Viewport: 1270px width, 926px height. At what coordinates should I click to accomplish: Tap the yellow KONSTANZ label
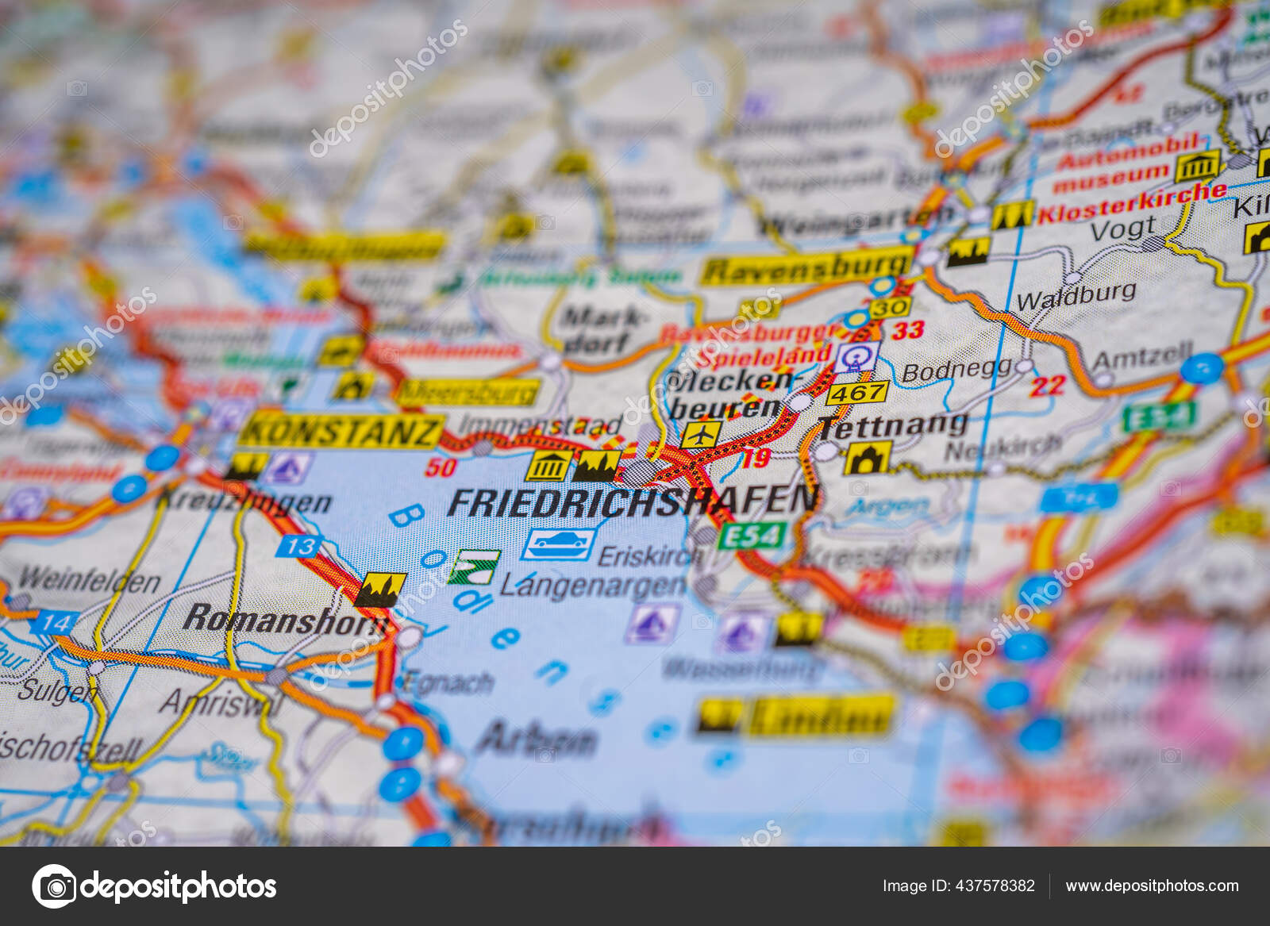(341, 431)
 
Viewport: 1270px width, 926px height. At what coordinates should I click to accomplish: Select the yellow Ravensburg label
(806, 267)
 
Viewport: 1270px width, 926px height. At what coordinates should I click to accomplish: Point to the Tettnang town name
(893, 426)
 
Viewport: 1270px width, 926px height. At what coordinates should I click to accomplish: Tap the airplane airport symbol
(701, 434)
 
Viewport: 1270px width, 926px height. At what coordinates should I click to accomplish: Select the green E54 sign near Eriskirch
(752, 536)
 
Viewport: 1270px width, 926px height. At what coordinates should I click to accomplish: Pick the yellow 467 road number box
(856, 392)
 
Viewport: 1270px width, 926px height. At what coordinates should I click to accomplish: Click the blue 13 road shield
(299, 546)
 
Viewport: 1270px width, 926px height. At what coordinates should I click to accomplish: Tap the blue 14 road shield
(54, 623)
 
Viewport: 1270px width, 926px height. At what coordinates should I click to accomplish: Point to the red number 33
(907, 329)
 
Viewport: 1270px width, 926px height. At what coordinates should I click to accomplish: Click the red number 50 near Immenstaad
(440, 467)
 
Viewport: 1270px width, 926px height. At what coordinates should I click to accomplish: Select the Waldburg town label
(1076, 297)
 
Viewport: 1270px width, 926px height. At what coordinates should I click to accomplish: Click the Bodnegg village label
(956, 370)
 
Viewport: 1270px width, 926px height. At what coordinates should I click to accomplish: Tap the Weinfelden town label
(89, 581)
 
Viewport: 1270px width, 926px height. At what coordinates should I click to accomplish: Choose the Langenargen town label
(592, 586)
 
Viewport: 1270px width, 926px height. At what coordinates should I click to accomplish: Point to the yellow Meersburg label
(468, 391)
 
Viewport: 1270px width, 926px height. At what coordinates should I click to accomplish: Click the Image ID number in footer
(958, 886)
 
